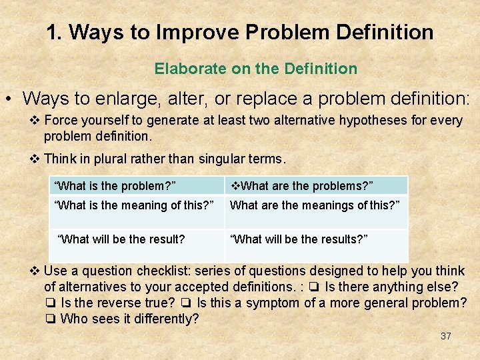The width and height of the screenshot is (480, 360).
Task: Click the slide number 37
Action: coord(446,336)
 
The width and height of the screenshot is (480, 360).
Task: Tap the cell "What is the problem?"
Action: coord(115,185)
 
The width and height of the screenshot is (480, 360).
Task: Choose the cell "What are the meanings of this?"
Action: coord(315,205)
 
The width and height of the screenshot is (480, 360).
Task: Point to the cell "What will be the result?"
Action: coord(122,239)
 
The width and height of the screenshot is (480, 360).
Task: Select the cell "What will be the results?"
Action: coord(299,239)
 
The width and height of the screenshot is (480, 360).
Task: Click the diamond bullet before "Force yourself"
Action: coord(36,121)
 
